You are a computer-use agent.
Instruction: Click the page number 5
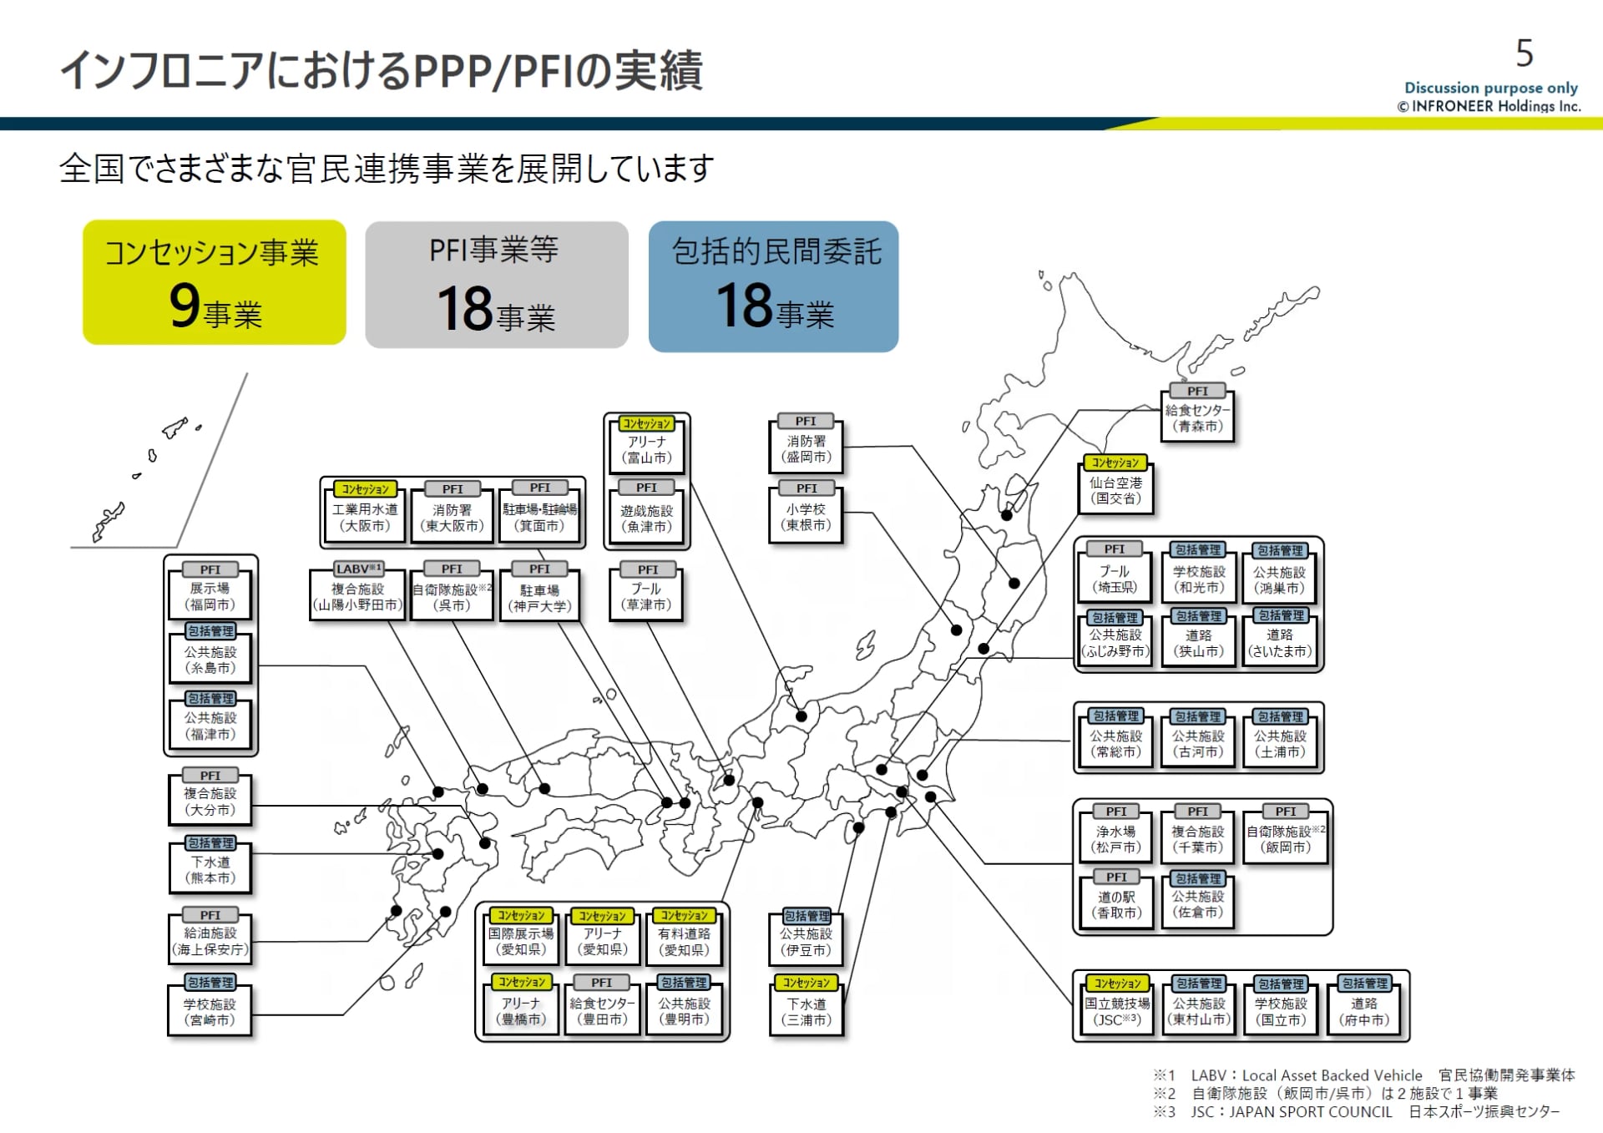click(1524, 53)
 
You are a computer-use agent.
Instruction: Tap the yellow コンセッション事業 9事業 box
click(215, 282)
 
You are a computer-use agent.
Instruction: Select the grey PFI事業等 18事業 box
click(497, 285)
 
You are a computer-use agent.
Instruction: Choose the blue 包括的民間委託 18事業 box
click(773, 286)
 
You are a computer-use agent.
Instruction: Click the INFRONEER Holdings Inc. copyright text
click(1489, 106)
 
